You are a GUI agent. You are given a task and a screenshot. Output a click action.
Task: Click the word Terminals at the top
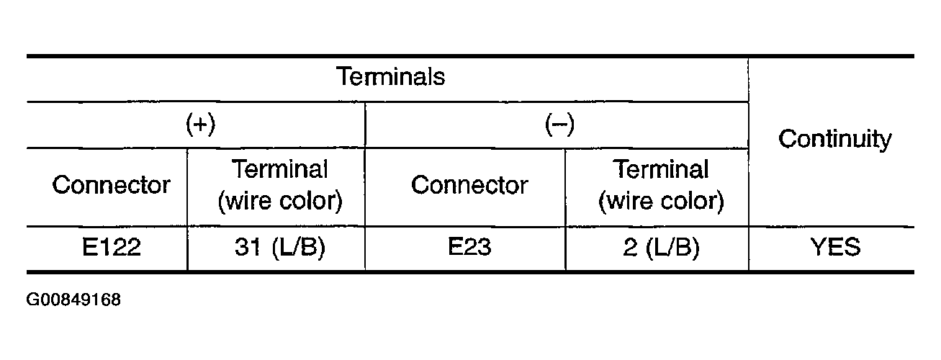[391, 77]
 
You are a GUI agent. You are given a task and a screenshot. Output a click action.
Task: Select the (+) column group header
[201, 125]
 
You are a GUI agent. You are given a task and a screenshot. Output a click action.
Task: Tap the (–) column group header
[559, 125]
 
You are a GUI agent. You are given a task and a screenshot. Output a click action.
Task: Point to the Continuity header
[834, 139]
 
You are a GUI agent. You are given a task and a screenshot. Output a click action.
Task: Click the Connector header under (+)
[112, 185]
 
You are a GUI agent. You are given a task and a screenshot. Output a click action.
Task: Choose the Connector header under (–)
[469, 185]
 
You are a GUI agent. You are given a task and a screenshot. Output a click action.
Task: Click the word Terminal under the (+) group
[280, 169]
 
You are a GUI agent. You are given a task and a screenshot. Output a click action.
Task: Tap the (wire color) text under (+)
[280, 201]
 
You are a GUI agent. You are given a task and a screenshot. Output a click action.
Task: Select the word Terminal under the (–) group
[661, 169]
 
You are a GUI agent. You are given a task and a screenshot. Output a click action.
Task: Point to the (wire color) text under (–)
[661, 201]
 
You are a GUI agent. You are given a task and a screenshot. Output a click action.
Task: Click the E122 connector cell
[112, 246]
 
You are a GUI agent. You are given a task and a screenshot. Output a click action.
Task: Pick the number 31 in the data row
[248, 246]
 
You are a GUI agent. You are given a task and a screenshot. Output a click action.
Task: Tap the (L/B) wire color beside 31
[299, 247]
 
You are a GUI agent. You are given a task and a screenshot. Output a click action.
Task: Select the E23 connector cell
[469, 246]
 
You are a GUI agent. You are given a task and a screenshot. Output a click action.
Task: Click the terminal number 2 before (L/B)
[630, 247]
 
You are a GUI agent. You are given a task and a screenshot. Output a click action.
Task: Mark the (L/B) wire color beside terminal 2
[672, 247]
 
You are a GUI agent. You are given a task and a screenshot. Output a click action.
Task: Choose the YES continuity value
[835, 246]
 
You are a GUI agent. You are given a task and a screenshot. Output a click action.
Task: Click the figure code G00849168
[73, 300]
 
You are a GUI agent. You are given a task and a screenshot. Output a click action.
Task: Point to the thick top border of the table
[471, 56]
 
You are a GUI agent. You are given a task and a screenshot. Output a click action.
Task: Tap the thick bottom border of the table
[471, 272]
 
